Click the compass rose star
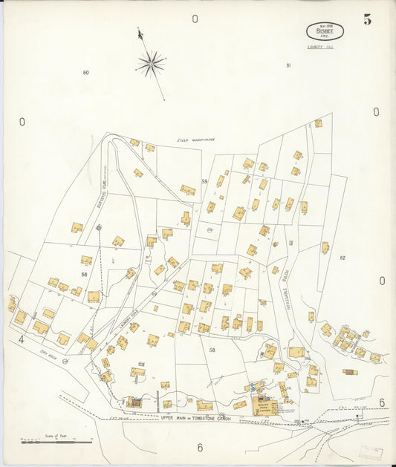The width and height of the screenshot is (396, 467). (x=151, y=64)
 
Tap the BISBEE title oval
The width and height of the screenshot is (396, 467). (x=324, y=31)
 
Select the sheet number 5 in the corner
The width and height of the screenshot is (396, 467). (x=368, y=19)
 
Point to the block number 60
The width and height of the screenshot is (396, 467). (x=86, y=72)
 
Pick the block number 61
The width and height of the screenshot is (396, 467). (x=288, y=65)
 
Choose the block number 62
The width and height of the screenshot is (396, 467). (x=343, y=258)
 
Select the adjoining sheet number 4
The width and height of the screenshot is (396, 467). (x=22, y=340)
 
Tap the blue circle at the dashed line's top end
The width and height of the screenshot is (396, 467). (x=98, y=227)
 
